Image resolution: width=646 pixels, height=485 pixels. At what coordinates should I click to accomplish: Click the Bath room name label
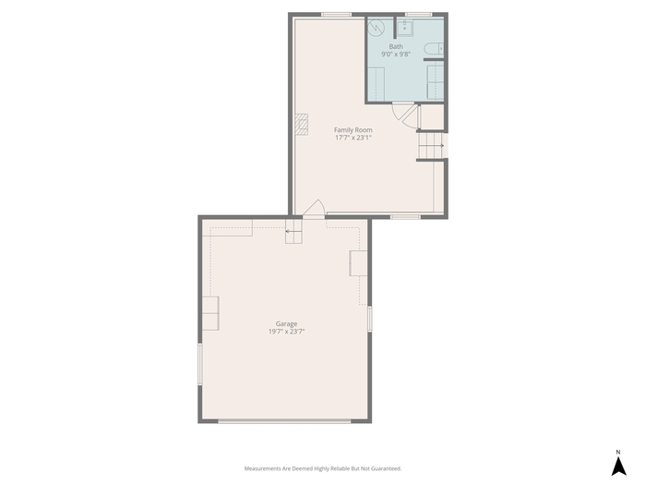click(396, 46)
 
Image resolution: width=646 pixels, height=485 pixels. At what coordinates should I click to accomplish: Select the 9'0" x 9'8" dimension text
click(396, 54)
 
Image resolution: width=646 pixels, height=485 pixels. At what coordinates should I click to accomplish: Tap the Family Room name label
click(353, 130)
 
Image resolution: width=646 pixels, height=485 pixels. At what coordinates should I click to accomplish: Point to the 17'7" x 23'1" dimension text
click(353, 138)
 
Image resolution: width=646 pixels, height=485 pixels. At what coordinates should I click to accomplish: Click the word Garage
click(286, 324)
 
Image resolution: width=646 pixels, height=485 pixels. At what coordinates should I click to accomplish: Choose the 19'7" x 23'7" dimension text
click(286, 332)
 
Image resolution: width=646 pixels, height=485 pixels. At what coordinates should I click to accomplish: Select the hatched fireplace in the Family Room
click(302, 125)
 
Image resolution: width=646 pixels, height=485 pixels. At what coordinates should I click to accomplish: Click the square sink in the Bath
click(405, 29)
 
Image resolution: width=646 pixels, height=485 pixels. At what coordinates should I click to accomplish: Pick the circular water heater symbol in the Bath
click(376, 27)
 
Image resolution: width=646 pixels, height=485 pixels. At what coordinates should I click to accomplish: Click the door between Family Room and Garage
click(314, 209)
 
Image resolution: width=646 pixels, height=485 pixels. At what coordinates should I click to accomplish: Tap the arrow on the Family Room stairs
click(442, 146)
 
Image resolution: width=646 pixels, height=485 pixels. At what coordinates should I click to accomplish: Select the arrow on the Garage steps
click(293, 231)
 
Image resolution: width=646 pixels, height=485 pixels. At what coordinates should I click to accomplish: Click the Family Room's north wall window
click(337, 15)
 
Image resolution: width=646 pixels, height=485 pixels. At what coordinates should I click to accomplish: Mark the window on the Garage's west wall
click(200, 365)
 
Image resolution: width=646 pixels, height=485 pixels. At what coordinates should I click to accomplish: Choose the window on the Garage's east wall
click(369, 319)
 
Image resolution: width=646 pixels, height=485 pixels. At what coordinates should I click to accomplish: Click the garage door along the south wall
click(284, 421)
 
